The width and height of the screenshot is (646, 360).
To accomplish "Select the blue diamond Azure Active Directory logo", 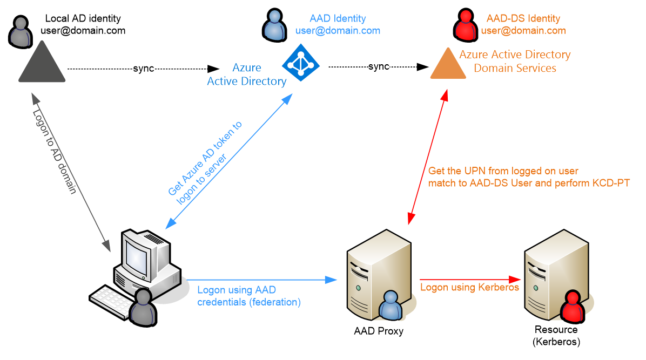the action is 301,63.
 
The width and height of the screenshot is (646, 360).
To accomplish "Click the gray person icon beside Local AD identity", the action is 21,32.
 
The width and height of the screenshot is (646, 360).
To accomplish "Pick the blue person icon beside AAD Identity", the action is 274,25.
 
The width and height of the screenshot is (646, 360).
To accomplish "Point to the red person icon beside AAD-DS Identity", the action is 466,25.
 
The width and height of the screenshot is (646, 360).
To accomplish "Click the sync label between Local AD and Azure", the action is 143,69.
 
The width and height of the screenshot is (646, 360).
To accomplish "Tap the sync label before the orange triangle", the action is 379,66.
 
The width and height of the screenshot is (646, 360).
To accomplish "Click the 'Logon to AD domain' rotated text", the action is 55,152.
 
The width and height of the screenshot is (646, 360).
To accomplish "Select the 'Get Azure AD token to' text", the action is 205,158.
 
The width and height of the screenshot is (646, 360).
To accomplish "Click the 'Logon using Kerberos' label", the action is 470,287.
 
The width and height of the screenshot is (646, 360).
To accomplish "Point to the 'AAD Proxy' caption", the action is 379,331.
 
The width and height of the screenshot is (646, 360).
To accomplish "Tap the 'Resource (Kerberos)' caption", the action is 556,335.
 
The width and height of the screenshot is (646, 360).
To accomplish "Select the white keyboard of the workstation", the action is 110,301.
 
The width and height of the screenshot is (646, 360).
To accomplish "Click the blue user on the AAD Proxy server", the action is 390,305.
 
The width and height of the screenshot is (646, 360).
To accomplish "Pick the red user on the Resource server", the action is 573,307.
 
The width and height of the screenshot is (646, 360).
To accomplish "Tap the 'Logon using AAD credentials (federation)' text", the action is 249,296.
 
